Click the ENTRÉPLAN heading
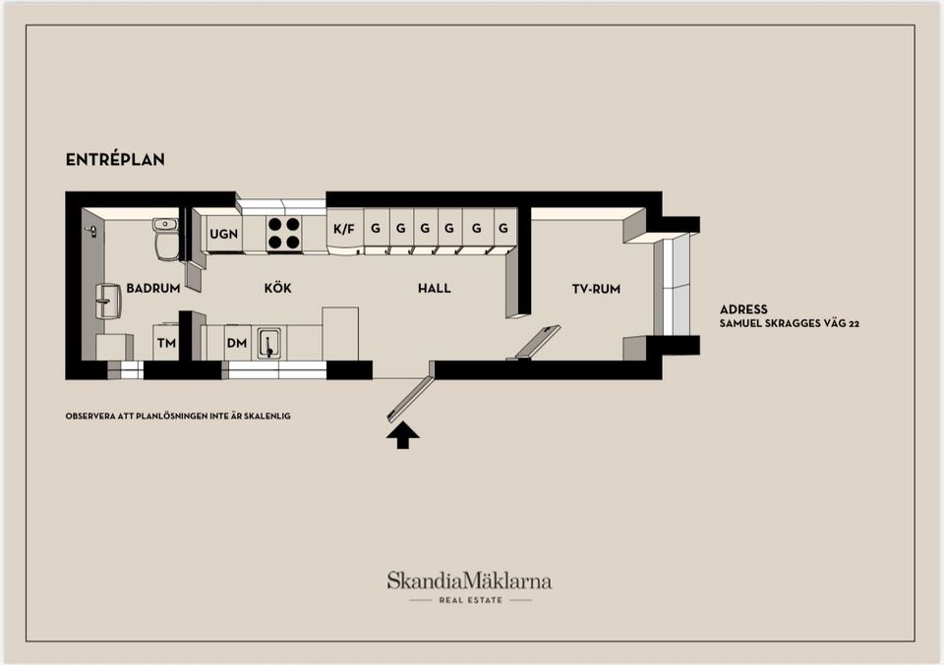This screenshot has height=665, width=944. [115, 159]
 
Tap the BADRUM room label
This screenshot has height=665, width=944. [153, 289]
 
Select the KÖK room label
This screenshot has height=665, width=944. [277, 288]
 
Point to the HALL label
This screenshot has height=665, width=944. [434, 289]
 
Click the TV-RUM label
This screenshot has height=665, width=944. [596, 289]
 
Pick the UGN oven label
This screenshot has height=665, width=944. [223, 234]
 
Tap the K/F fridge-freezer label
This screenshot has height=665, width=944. [344, 229]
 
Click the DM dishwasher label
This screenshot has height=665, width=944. [237, 344]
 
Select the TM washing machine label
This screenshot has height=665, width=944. [166, 344]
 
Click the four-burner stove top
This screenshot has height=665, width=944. [284, 234]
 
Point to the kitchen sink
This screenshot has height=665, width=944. [269, 344]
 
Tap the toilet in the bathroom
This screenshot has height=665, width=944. [165, 239]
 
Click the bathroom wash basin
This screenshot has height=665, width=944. [108, 302]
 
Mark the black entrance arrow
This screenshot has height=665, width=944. [403, 435]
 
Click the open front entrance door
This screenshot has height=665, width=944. [409, 398]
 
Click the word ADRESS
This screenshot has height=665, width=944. [743, 309]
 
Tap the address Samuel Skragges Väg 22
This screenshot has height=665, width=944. [790, 323]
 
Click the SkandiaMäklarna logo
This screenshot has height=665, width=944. [470, 586]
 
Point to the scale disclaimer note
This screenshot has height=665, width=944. [178, 416]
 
